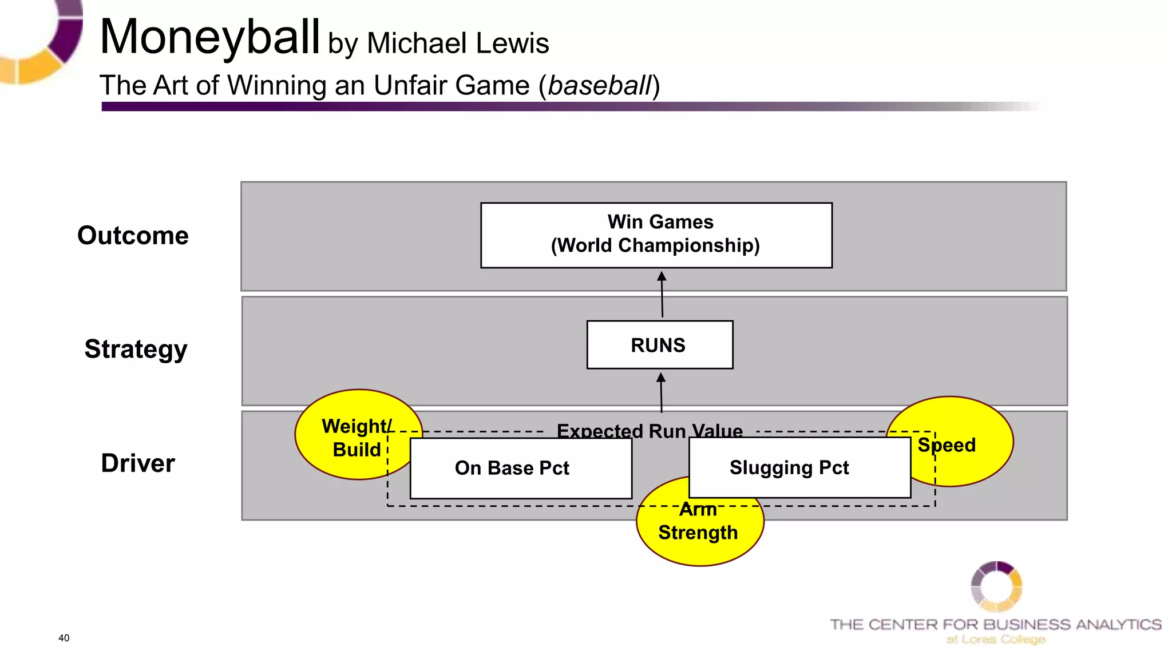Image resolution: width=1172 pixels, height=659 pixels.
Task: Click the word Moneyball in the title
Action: pyautogui.click(x=209, y=38)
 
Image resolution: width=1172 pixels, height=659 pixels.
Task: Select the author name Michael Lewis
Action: pyautogui.click(x=458, y=43)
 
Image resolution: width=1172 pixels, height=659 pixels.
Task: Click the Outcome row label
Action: pyautogui.click(x=133, y=236)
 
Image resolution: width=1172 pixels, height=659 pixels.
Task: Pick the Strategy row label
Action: pyautogui.click(x=136, y=349)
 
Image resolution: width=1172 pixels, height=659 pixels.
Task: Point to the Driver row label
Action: pyautogui.click(x=137, y=463)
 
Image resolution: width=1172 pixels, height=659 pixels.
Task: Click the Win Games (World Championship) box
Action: pyautogui.click(x=656, y=235)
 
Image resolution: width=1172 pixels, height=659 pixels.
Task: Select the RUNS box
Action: pyautogui.click(x=659, y=345)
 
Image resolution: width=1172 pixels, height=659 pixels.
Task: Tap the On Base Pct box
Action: pyautogui.click(x=520, y=469)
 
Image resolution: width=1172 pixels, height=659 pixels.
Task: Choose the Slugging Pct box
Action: pyautogui.click(x=799, y=468)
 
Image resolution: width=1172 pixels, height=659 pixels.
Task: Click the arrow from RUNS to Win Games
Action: pyautogui.click(x=662, y=294)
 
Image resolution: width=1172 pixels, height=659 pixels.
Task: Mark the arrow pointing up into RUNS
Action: pyautogui.click(x=661, y=393)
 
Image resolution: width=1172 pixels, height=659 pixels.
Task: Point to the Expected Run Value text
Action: pyautogui.click(x=649, y=430)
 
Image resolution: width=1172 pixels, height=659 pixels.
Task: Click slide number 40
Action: pyautogui.click(x=64, y=638)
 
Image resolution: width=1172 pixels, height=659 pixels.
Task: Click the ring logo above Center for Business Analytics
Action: pyautogui.click(x=996, y=586)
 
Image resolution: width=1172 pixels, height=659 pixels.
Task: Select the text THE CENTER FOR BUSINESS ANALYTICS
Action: pyautogui.click(x=995, y=624)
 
